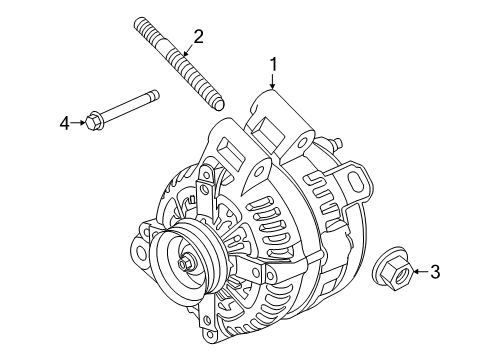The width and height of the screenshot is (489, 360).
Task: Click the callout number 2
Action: (198, 38)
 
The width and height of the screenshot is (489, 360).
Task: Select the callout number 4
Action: (64, 123)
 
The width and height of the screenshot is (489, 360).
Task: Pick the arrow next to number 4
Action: (79, 123)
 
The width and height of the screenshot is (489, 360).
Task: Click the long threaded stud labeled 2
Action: (186, 69)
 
